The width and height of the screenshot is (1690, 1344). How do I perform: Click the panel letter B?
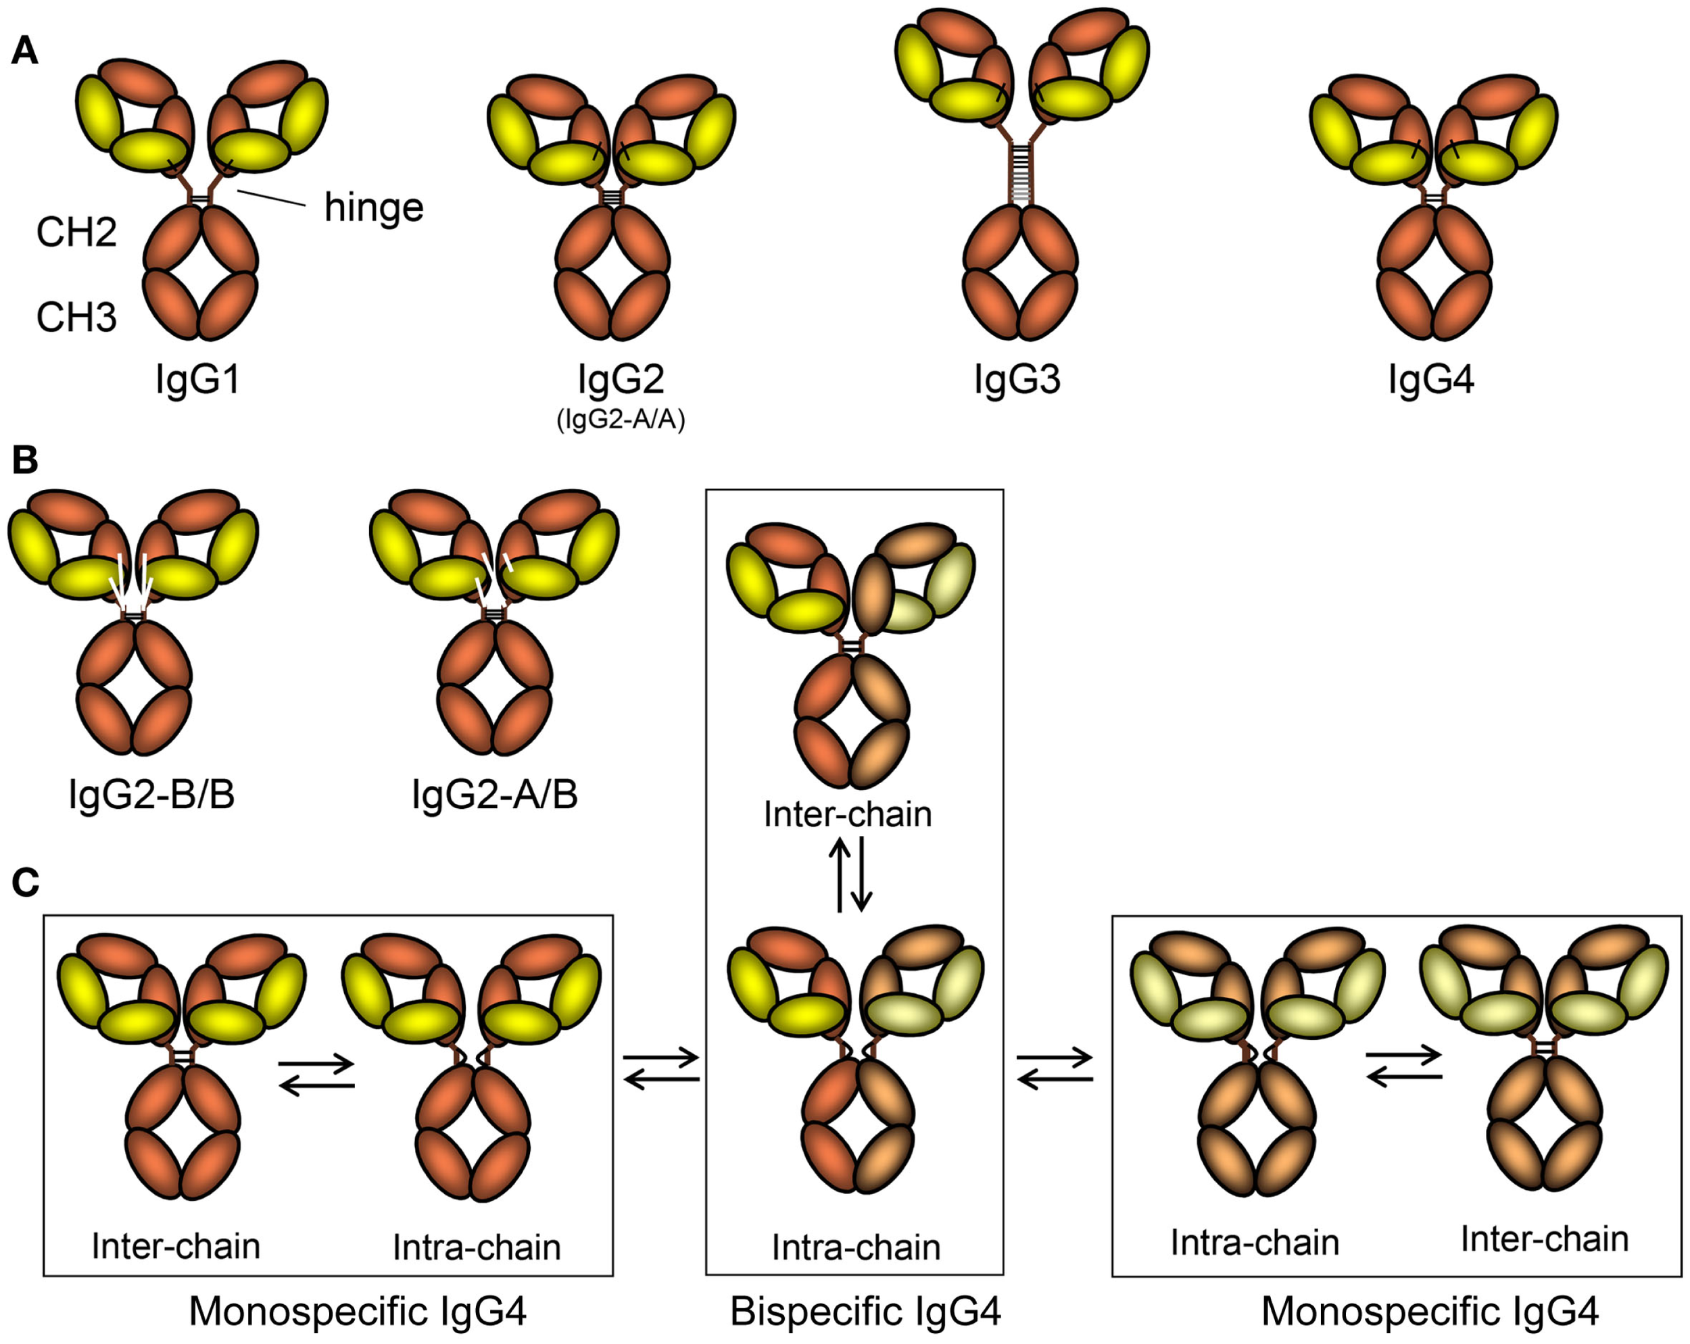pos(24,461)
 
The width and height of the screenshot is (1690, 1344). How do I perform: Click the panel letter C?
pos(25,883)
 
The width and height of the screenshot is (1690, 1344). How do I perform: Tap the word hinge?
pos(374,208)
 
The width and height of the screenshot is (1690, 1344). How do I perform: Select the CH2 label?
pos(76,232)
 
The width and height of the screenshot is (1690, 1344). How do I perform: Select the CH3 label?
pos(76,318)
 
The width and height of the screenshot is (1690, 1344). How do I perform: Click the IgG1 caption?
pos(197,380)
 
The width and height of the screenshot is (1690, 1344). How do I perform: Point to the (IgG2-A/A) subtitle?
pos(621,421)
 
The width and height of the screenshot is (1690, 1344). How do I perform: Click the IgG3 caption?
pos(1017,380)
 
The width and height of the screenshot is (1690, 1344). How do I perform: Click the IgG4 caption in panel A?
pos(1430,380)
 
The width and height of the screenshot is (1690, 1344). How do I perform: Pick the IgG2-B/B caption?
pos(151,795)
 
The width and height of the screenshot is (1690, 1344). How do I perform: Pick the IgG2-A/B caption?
pos(495,795)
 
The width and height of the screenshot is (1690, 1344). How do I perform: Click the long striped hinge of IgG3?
pos(1020,172)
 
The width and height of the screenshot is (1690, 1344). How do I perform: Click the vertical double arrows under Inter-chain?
pos(850,874)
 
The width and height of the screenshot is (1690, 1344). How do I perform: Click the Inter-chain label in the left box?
pos(176,1246)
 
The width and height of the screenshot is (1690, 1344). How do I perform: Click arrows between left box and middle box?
pos(661,1068)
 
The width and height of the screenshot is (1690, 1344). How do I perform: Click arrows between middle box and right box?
pos(1055,1068)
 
